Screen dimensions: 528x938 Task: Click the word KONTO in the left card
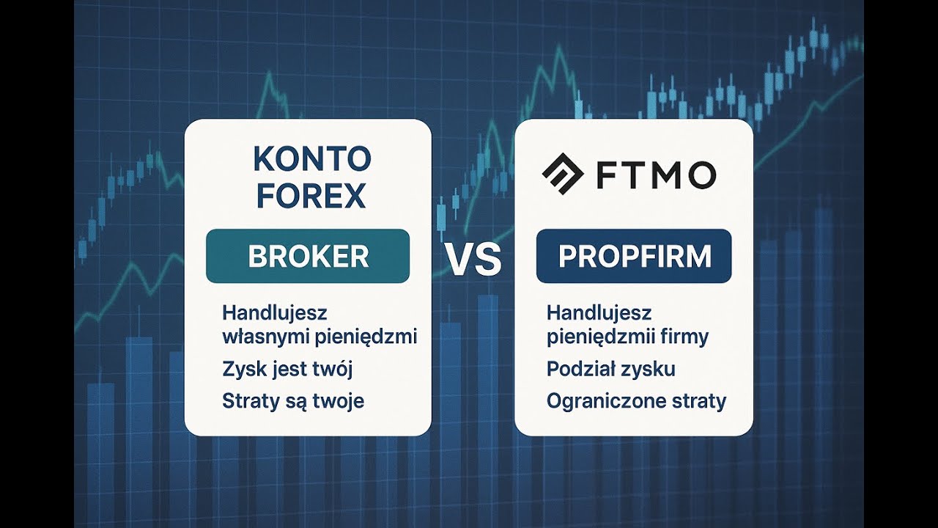coord(311,159)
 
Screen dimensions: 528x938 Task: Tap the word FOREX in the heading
coord(311,196)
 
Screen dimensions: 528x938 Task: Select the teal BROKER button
coord(308,256)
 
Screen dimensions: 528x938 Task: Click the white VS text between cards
coord(473,261)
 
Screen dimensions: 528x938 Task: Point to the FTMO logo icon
coord(562,175)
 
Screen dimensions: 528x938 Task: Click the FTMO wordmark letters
coord(656,175)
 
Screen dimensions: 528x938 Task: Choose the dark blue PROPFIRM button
coord(634,256)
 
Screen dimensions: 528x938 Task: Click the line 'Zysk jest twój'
coord(287,369)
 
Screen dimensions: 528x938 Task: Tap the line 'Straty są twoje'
coord(293,401)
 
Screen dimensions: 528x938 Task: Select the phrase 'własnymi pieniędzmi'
coord(320,337)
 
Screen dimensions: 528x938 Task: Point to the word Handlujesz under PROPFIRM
coord(599,313)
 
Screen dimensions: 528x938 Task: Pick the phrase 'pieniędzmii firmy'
coord(627,337)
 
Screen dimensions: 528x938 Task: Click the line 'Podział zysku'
coord(610,369)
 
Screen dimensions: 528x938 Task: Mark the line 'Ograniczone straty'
coord(636,401)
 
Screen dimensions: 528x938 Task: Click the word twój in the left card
coord(336,369)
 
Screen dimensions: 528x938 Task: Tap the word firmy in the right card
coord(685,337)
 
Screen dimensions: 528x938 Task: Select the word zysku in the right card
coord(650,369)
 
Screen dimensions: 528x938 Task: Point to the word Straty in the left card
coord(245,401)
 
